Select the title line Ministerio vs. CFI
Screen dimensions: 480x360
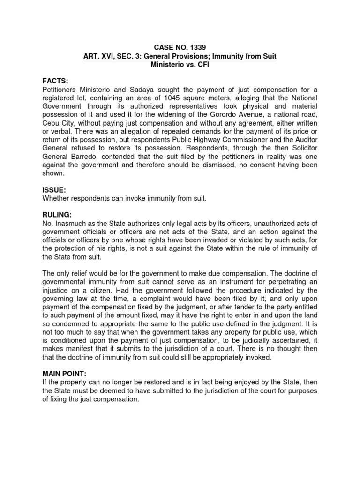pyautogui.click(x=180, y=64)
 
